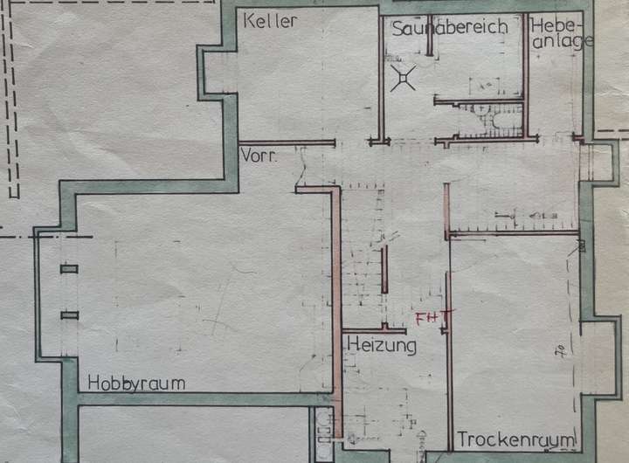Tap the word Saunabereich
[x=449, y=28]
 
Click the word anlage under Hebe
[x=562, y=41]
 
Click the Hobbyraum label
[x=135, y=384]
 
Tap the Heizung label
[x=382, y=346]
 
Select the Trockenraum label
[x=515, y=439]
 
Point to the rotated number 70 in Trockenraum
[x=556, y=353]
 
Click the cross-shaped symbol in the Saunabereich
[x=403, y=80]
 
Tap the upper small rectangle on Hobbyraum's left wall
[x=69, y=268]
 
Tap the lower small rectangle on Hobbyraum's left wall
[x=69, y=314]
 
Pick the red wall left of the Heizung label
[x=335, y=288]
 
